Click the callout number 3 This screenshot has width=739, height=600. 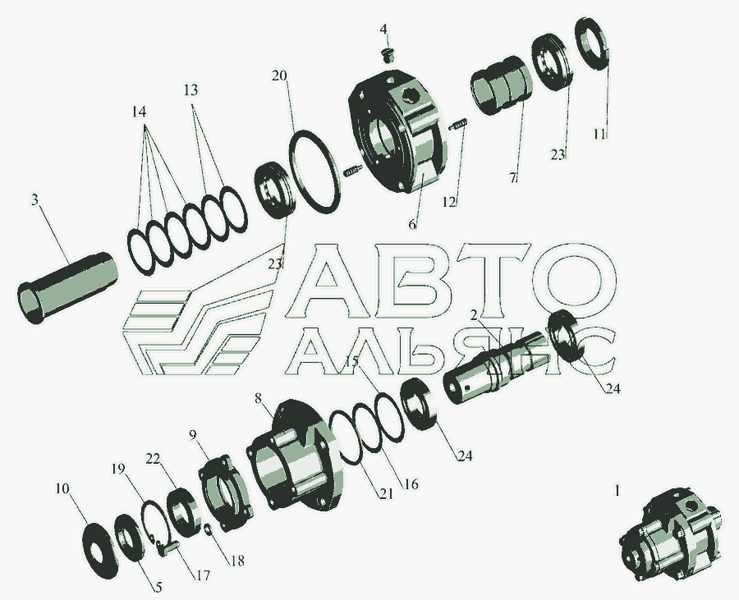pyautogui.click(x=34, y=200)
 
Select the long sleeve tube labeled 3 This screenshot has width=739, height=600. pyautogui.click(x=67, y=288)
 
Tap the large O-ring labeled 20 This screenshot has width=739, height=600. pyautogui.click(x=314, y=172)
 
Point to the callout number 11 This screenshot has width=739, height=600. pyautogui.click(x=599, y=135)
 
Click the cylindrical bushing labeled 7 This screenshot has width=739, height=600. pyautogui.click(x=501, y=85)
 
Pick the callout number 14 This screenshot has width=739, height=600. pyautogui.click(x=139, y=112)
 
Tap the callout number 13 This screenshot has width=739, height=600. pyautogui.click(x=190, y=89)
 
